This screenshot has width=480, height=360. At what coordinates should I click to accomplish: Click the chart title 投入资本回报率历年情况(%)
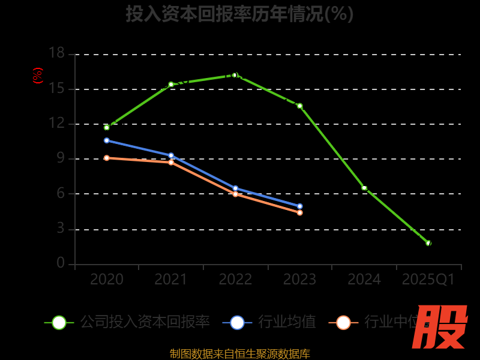click(239, 13)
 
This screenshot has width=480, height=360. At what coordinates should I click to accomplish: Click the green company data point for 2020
click(107, 127)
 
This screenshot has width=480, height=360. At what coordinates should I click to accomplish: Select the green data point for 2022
click(235, 75)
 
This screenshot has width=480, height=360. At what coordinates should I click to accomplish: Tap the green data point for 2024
click(364, 188)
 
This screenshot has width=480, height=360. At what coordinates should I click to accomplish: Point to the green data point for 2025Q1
click(428, 243)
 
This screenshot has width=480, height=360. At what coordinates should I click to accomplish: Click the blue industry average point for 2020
click(107, 140)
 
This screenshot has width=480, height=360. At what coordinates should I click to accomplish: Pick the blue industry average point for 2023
click(300, 206)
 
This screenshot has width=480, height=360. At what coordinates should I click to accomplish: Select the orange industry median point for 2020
click(107, 158)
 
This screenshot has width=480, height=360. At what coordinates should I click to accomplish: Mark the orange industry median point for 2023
click(300, 212)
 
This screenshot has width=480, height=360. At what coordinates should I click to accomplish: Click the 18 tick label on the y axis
click(56, 53)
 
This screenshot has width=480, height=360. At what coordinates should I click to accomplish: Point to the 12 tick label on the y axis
click(56, 124)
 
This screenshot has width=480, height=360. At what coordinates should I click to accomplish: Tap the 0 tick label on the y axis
click(61, 263)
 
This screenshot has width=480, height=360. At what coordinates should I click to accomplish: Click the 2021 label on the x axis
click(171, 280)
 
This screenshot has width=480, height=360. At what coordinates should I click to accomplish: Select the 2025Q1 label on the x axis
click(428, 280)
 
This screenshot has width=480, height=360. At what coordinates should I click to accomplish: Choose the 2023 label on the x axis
click(300, 280)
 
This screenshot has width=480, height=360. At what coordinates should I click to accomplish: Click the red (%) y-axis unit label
click(37, 76)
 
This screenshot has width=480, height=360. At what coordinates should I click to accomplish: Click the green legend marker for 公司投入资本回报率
click(59, 322)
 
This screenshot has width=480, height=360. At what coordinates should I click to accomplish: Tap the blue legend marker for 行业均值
click(237, 322)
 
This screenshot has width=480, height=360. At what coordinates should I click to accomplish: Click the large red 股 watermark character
click(441, 327)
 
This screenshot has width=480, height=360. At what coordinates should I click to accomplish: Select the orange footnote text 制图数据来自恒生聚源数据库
click(239, 353)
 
